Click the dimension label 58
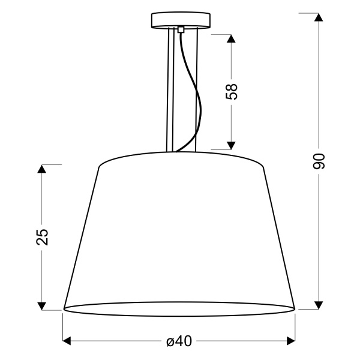pos(232,91)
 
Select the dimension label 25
pos(41,237)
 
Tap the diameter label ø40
pos(179,341)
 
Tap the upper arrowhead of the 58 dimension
pos(232,38)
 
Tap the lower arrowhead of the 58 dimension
pos(232,144)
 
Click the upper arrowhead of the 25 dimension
pos(41,169)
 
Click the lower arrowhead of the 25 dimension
pos(41,305)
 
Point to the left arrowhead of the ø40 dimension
pos(68,341)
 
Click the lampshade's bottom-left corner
pos(64,308)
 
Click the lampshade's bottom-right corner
pos(295,308)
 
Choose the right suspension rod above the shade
pos(196,90)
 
